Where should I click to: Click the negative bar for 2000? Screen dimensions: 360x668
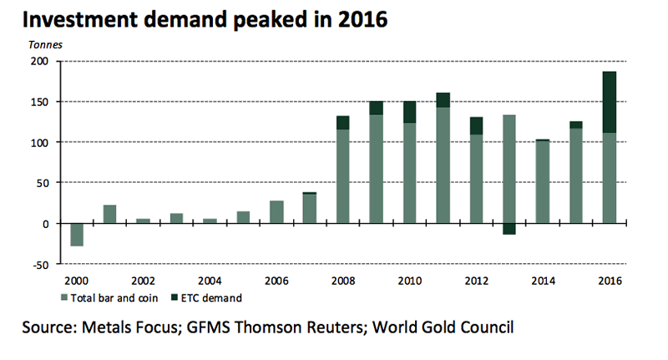[76, 235]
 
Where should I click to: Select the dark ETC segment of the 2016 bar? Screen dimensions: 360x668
[610, 102]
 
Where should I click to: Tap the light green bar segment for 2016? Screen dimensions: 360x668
[610, 178]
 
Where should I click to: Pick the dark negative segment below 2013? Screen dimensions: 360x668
[509, 229]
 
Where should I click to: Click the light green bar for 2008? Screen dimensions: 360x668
[342, 176]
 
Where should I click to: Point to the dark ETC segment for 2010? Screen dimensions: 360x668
[409, 112]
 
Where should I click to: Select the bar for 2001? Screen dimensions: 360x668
[109, 214]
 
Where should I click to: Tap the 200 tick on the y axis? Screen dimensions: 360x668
[39, 62]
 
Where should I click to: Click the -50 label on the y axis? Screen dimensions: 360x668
[39, 265]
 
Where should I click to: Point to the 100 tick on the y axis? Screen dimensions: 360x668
[39, 143]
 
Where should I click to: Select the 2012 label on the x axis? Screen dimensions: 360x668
[476, 280]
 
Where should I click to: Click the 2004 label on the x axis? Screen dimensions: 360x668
[209, 280]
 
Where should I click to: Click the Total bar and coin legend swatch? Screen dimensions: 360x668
[63, 296]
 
